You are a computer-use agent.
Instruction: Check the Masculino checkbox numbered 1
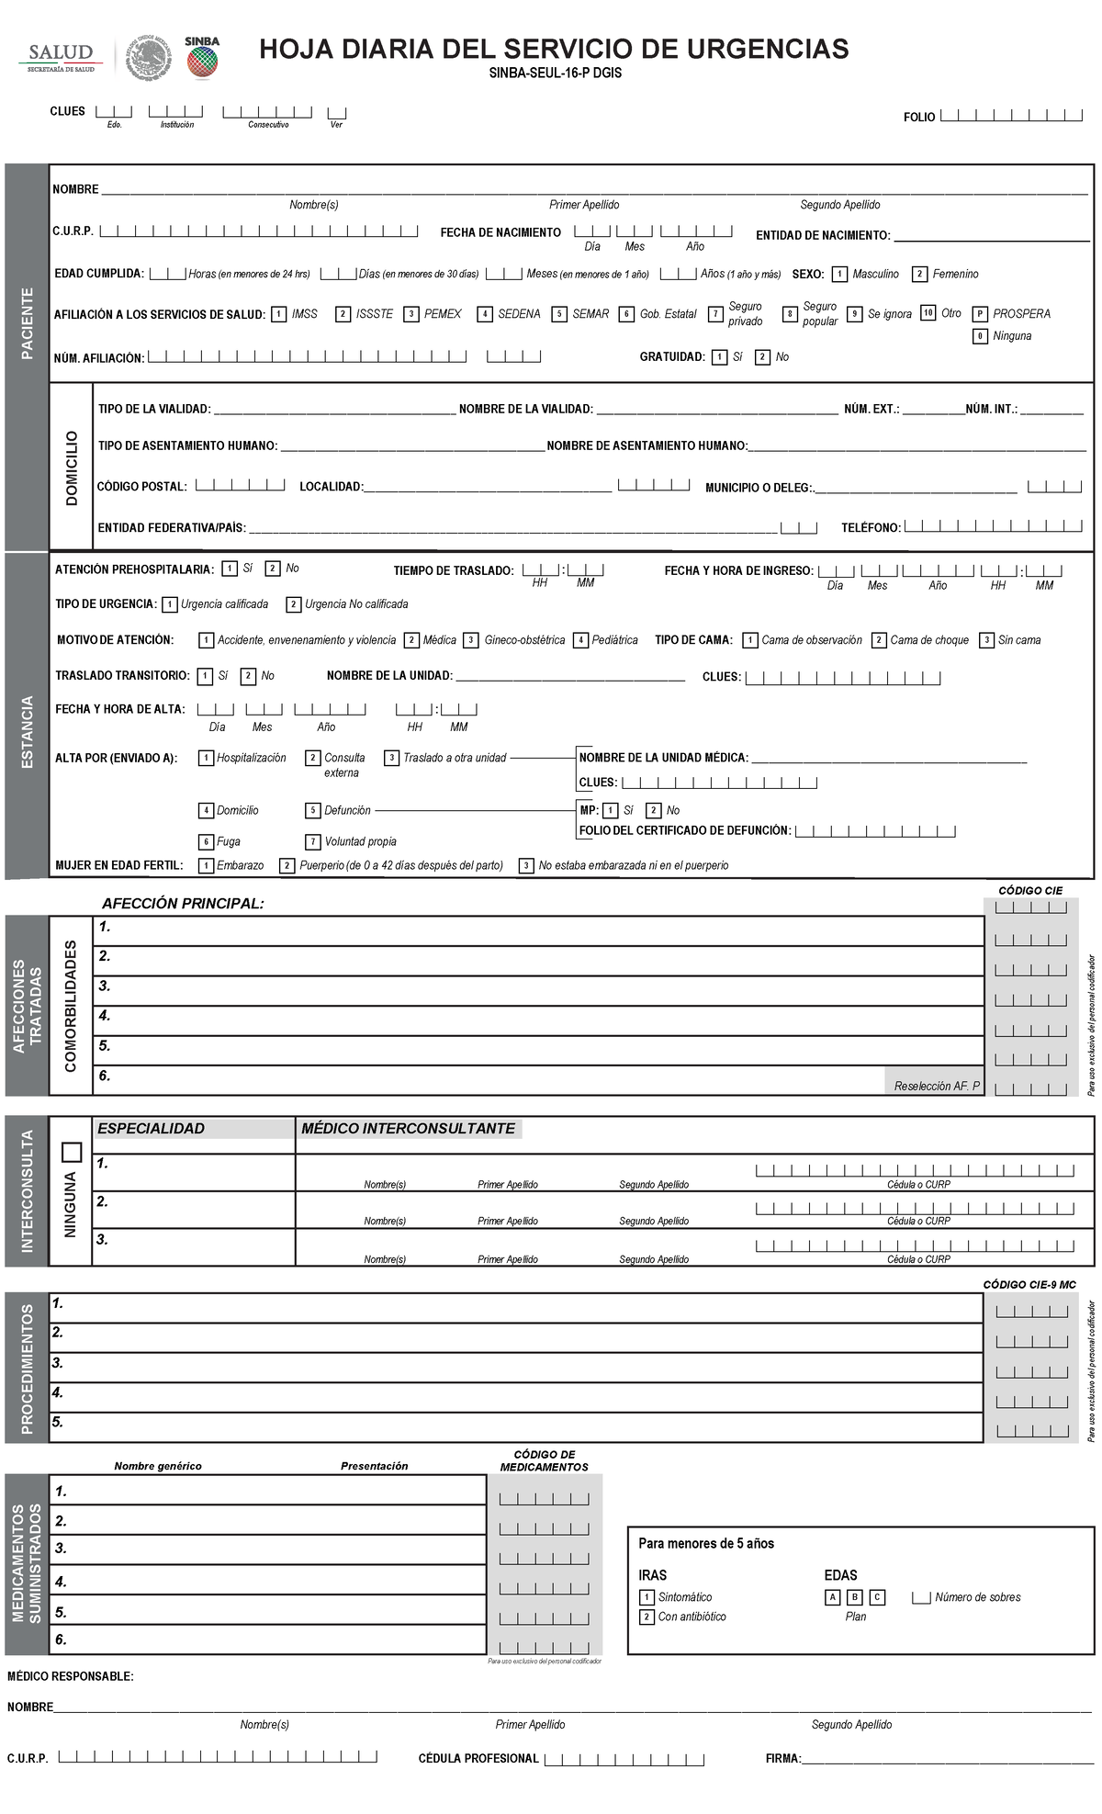click(x=840, y=274)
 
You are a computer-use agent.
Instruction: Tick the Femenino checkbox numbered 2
click(x=919, y=274)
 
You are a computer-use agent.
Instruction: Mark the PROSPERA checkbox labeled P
click(x=980, y=314)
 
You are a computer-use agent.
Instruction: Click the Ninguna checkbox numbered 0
click(x=980, y=336)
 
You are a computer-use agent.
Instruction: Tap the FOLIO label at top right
click(x=918, y=118)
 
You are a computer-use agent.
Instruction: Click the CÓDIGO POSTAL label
click(x=141, y=487)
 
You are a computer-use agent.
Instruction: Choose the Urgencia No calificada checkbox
click(x=293, y=604)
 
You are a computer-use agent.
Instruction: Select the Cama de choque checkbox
click(x=879, y=640)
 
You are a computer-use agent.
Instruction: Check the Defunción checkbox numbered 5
click(x=313, y=811)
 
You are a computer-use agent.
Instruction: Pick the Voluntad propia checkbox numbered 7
click(x=313, y=841)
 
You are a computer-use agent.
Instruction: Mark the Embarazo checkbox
click(x=207, y=865)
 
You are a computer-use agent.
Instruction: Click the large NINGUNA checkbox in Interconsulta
click(x=71, y=1152)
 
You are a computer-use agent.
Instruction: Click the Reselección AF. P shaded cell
click(x=934, y=1085)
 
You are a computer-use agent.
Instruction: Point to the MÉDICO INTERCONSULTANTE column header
click(x=408, y=1129)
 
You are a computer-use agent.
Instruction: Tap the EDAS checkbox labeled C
click(x=877, y=1597)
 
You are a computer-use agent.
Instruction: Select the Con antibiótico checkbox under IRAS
click(x=647, y=1617)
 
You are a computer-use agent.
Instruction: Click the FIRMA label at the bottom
click(x=782, y=1759)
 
